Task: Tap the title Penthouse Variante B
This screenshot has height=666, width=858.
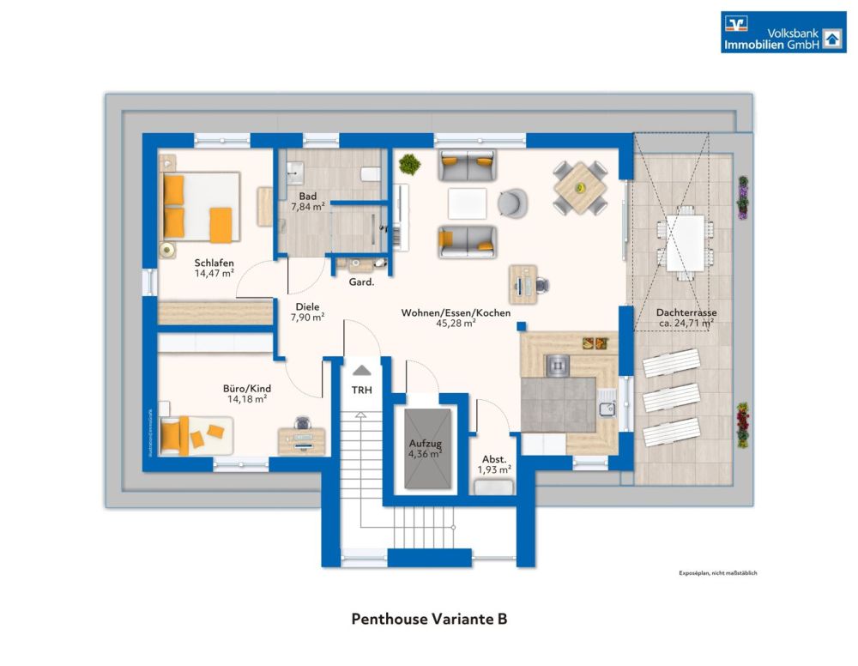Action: (429, 619)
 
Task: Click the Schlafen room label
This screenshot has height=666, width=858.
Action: (214, 263)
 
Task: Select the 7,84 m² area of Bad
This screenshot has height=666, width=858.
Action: (307, 207)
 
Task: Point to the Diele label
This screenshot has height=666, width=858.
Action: (307, 306)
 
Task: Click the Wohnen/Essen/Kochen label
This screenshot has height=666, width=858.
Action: (456, 313)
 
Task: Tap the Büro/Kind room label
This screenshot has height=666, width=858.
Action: (246, 387)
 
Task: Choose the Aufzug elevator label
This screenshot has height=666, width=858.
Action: (425, 443)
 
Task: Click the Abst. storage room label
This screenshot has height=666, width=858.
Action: (494, 458)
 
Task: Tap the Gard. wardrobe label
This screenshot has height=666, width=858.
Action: (360, 282)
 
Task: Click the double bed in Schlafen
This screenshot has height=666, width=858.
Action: (199, 207)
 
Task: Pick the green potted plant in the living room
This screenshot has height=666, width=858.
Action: (410, 163)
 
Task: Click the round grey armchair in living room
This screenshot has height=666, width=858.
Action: (512, 203)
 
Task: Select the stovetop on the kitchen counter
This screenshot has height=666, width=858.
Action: (558, 365)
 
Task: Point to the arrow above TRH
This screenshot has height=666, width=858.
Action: (362, 371)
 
